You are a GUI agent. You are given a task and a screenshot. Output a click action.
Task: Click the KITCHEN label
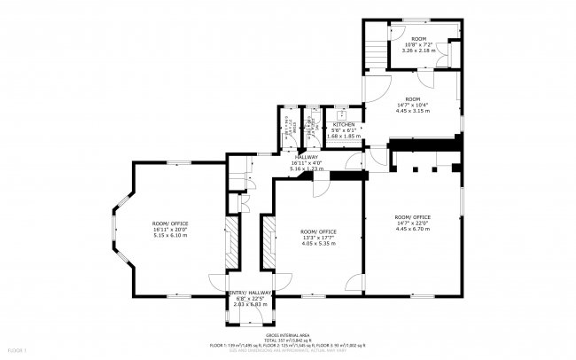pos(344,124)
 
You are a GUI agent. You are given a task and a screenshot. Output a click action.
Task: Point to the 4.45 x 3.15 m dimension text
pos(413,111)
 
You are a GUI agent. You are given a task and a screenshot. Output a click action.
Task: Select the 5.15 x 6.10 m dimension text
pos(170,235)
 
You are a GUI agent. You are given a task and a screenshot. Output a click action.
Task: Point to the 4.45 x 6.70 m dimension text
pos(413,228)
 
